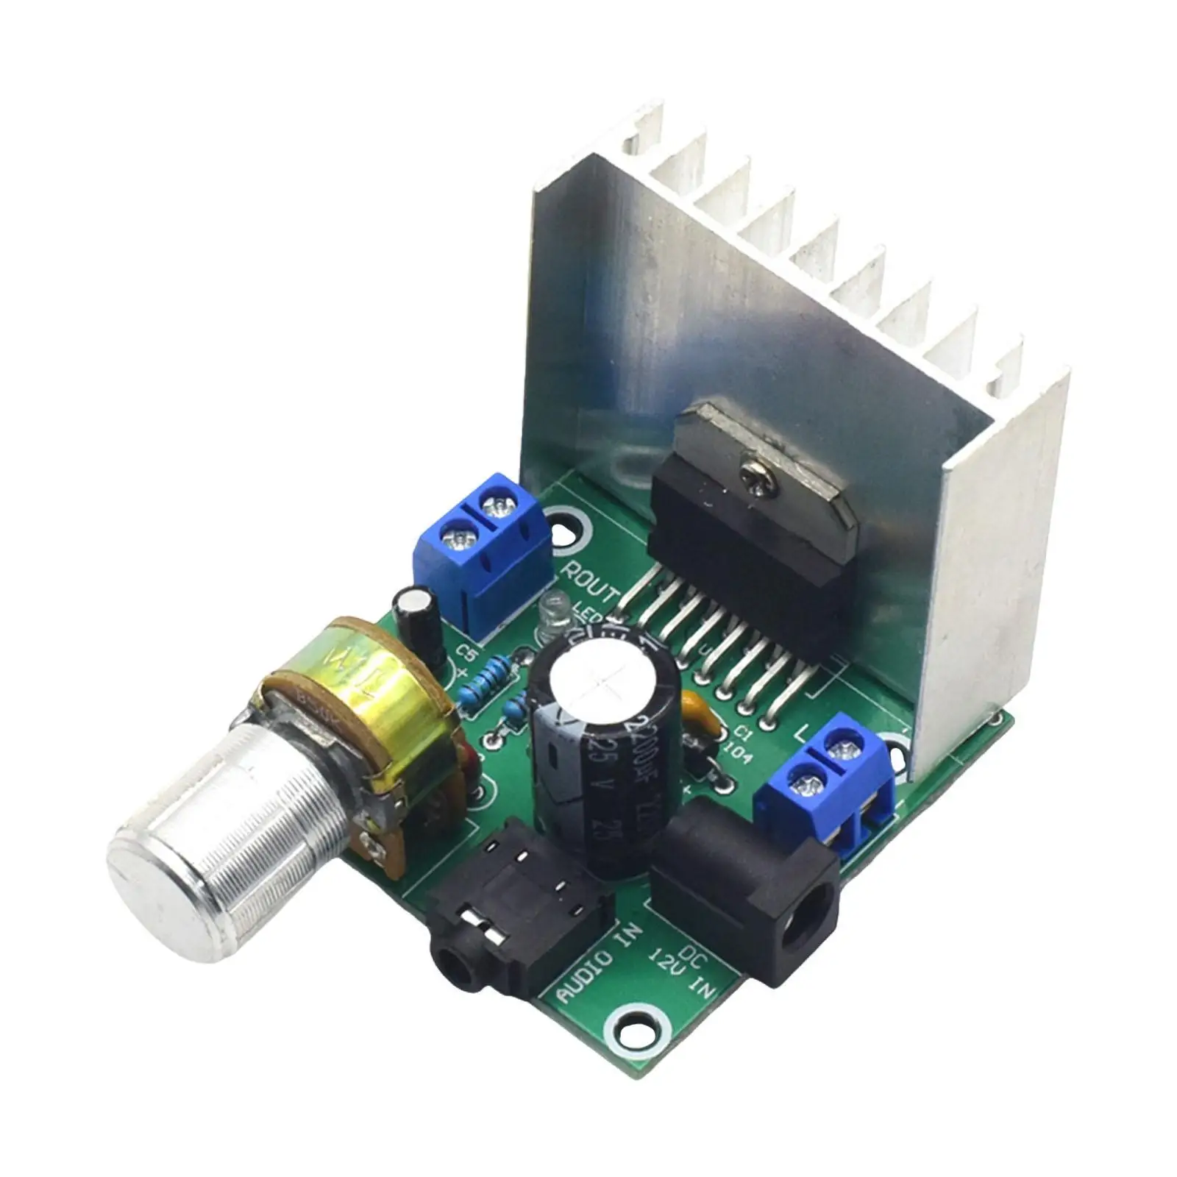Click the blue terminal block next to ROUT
483,544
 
